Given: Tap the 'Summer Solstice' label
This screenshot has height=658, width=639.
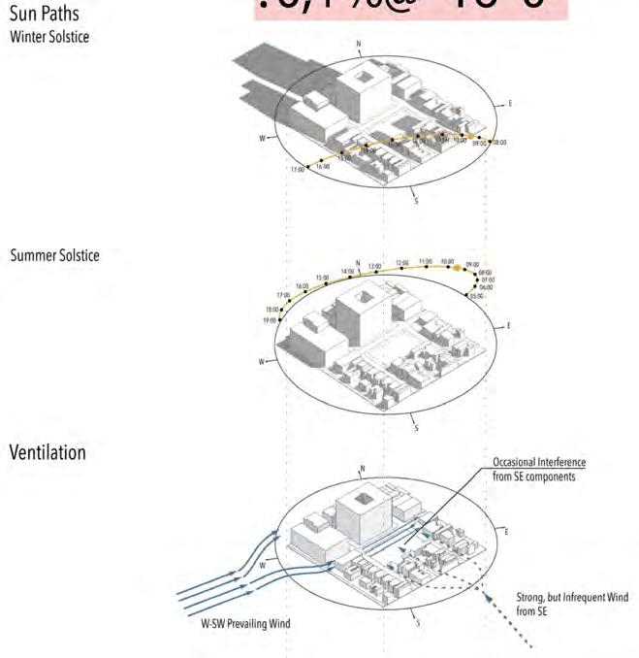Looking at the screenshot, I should click(54, 255).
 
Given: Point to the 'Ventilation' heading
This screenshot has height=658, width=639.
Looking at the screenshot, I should click(48, 453).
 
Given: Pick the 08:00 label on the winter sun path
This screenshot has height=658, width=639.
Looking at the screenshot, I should click(499, 143).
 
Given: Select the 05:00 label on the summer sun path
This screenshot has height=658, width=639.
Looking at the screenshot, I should click(475, 296).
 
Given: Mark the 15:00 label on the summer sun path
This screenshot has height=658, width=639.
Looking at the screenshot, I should click(322, 278).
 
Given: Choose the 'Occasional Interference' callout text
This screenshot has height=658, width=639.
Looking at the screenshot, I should click(540, 462).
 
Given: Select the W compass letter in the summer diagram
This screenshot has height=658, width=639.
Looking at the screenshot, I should click(261, 362).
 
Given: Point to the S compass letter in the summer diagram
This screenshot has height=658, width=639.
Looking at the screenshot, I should click(416, 427).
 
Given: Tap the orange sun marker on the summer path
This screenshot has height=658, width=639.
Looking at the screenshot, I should click(457, 267).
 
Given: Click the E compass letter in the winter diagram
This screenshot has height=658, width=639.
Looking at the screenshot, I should click(509, 104).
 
